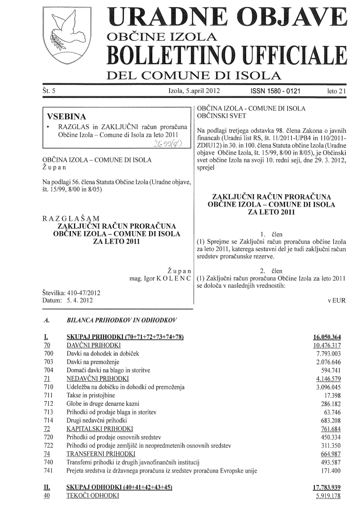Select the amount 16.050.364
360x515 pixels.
[327, 337]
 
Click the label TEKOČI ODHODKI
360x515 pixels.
[90, 496]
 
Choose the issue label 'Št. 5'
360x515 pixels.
[50, 89]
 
